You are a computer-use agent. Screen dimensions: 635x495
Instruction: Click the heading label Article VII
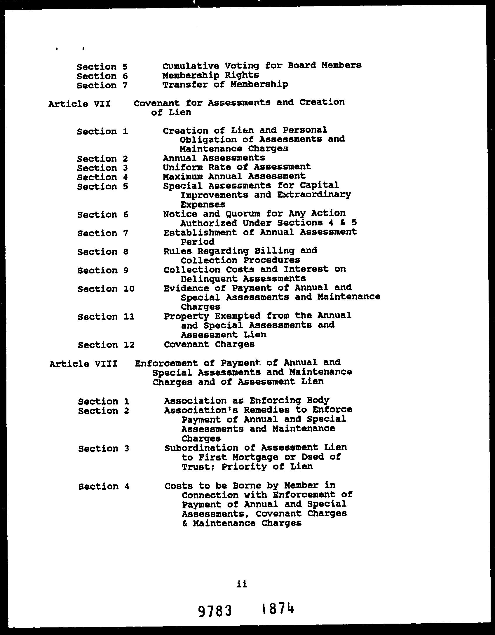(x=79, y=104)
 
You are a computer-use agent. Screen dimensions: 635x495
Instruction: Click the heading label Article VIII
(x=83, y=364)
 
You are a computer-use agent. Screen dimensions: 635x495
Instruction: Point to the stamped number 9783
(x=215, y=610)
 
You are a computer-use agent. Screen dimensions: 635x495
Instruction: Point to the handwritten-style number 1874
(x=278, y=609)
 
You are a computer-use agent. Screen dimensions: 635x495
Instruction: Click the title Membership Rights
(x=210, y=75)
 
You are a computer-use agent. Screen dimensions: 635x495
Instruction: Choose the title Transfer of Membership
(x=225, y=85)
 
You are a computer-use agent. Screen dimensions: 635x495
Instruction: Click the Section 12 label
(x=106, y=345)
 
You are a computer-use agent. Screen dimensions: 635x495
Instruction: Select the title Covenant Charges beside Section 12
(x=209, y=344)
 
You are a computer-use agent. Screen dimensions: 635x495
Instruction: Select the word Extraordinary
(x=314, y=195)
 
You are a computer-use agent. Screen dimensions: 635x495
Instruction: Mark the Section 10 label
(x=106, y=289)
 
